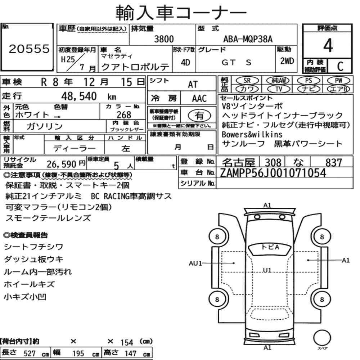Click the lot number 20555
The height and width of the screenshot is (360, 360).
click(29, 49)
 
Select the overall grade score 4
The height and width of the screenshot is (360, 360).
click(328, 45)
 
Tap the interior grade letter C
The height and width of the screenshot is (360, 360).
click(340, 66)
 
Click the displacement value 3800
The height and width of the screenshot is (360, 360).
click(164, 39)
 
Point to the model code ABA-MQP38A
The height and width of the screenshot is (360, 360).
click(248, 39)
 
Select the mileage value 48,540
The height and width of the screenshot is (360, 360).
click(79, 96)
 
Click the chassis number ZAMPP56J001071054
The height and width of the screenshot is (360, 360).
click(273, 173)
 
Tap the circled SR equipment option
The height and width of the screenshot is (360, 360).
click(247, 81)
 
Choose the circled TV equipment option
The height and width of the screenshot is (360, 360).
click(279, 89)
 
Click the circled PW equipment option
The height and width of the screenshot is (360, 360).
click(338, 81)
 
